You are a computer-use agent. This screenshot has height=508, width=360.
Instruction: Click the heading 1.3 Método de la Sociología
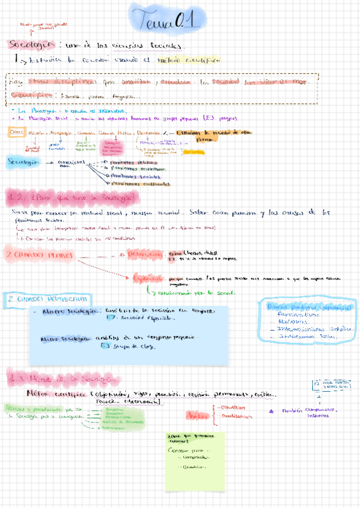[x=64, y=379]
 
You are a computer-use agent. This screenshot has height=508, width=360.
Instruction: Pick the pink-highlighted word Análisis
[x=195, y=415]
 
